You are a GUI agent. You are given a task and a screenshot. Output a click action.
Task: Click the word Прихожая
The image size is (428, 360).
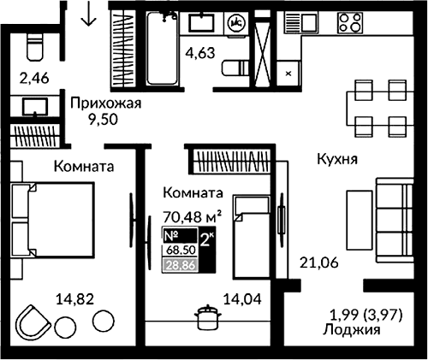coord(105,104)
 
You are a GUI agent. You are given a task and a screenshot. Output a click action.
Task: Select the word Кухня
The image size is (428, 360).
coord(336,159)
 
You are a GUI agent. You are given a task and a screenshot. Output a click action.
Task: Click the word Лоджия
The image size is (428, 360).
coord(352,328)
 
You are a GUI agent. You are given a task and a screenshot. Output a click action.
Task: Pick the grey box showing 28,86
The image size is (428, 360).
coord(179,265)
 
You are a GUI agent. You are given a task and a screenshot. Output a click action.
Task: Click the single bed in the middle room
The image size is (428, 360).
coord(254,234)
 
